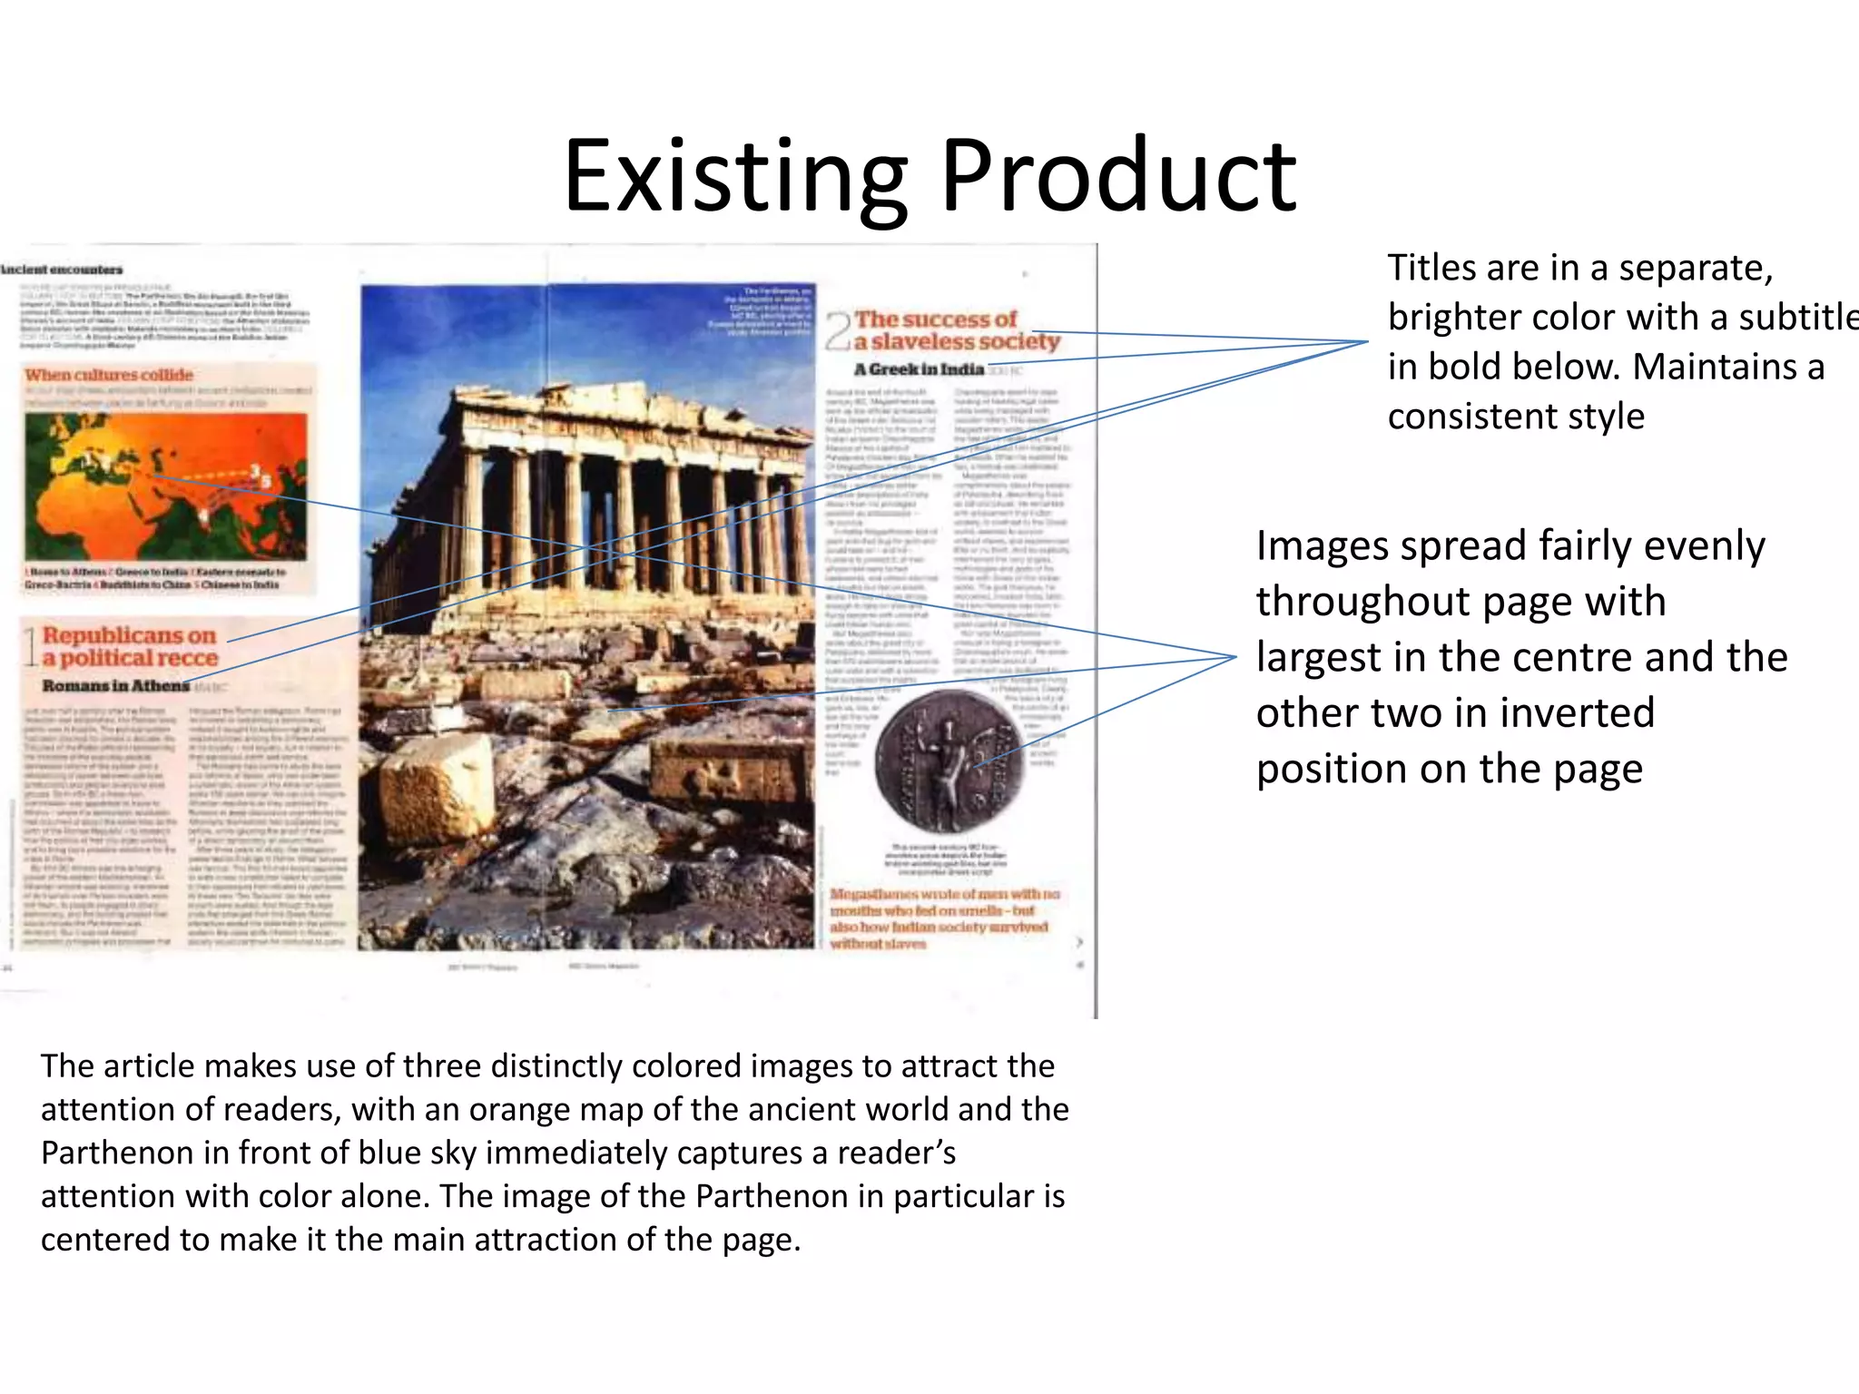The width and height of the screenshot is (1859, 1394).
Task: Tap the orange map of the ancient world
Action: coord(165,486)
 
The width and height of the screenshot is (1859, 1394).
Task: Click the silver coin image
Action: coord(949,761)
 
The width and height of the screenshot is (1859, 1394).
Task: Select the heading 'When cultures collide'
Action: coord(109,375)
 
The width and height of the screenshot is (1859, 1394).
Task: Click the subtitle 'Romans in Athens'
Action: coord(116,685)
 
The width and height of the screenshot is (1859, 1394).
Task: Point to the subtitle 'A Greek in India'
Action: coord(919,369)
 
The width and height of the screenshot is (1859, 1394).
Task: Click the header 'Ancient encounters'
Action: coord(62,270)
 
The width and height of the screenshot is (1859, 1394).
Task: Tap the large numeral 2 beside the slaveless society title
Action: coord(838,331)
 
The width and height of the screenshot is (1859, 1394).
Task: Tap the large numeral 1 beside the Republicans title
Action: coord(30,647)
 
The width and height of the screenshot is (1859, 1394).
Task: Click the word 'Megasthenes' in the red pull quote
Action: coord(871,895)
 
